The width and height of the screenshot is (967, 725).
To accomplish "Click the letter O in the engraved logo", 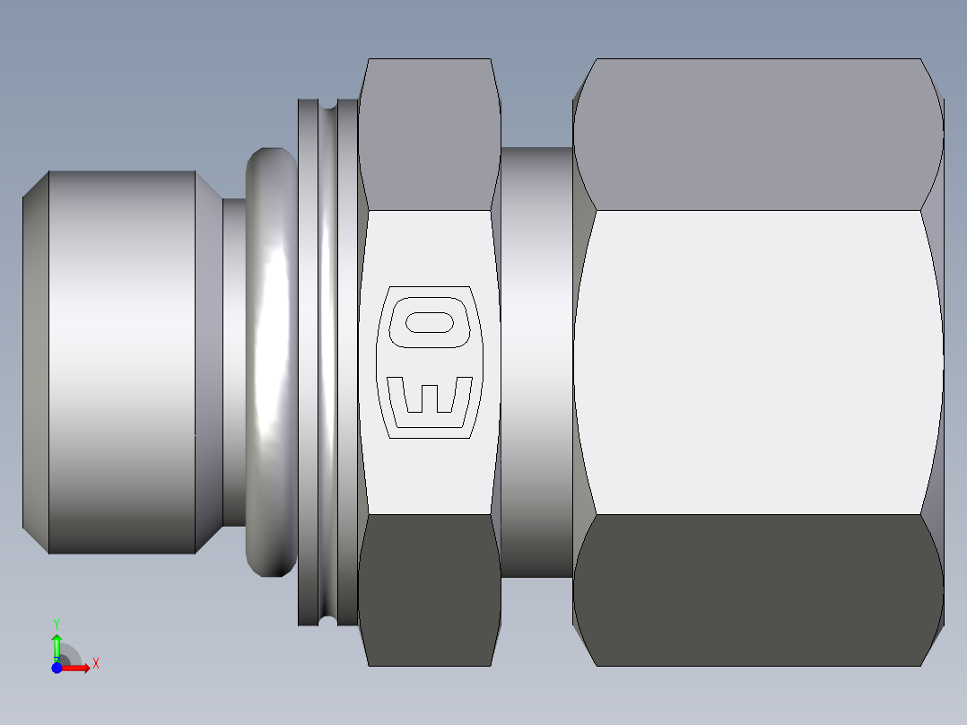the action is (430, 322).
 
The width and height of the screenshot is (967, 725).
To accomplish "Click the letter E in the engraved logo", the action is (430, 395).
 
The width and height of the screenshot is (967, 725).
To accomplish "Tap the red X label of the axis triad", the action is (96, 664).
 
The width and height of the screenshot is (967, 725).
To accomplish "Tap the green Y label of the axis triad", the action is (57, 625).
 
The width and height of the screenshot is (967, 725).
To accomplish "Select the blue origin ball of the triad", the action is (57, 668).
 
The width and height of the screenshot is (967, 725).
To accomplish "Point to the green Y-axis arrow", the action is (57, 648).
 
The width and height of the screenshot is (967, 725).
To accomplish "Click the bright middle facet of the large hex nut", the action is (759, 362).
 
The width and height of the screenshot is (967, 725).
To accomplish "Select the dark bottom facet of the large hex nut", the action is (759, 590).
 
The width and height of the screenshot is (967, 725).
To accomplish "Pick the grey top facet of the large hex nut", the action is (759, 135).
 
